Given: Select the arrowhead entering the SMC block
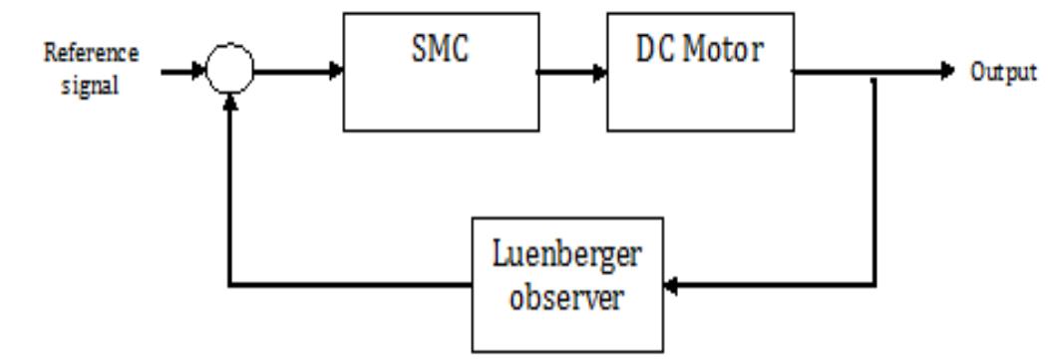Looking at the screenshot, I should click(x=337, y=72).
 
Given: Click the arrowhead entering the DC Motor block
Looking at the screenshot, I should click(x=601, y=73).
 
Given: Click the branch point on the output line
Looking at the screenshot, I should click(x=874, y=73).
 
